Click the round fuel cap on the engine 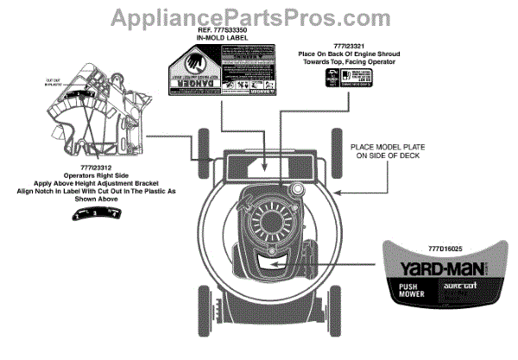tap(299, 188)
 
